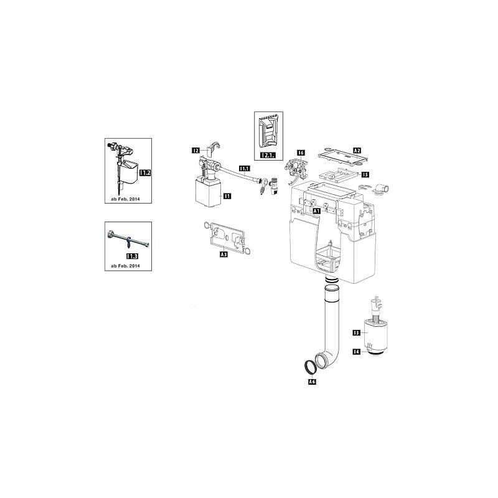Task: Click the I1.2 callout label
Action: tap(144, 172)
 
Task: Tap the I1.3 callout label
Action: tap(132, 256)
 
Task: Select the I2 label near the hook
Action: tap(195, 150)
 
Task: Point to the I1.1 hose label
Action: tap(244, 168)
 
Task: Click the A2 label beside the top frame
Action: tap(357, 151)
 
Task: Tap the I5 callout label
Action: tap(365, 175)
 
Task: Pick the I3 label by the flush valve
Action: tap(357, 333)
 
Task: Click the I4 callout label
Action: tap(357, 352)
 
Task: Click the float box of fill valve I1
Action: tap(205, 193)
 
